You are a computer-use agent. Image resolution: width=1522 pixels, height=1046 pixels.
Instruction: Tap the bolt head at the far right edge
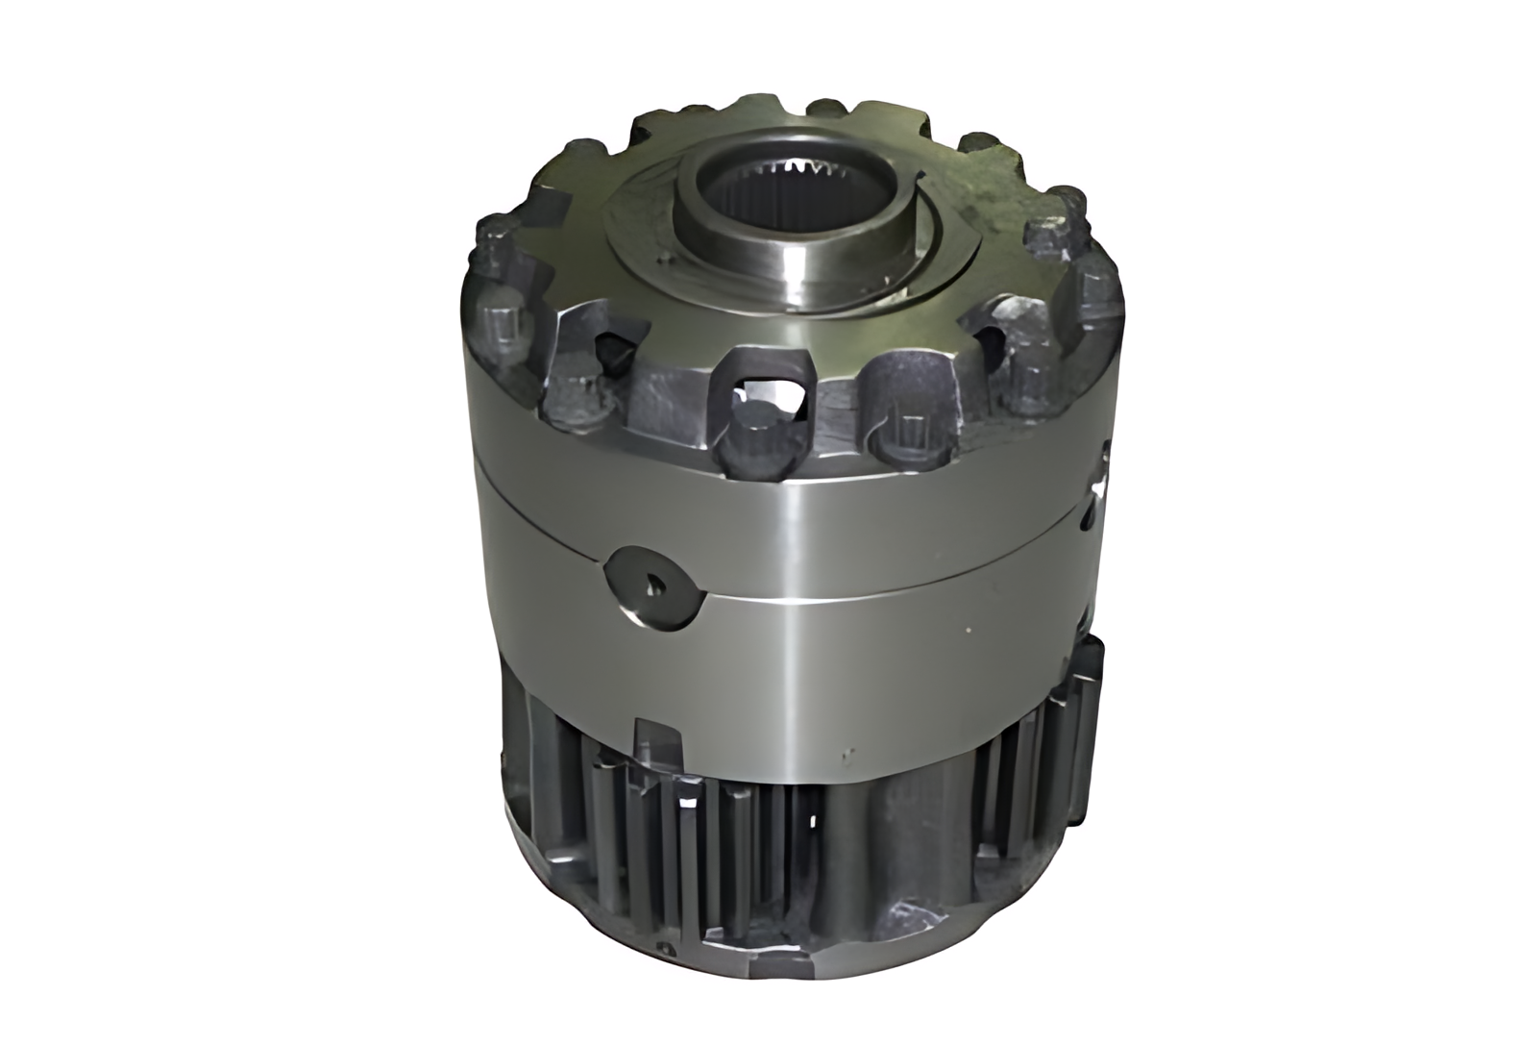coord(1094,288)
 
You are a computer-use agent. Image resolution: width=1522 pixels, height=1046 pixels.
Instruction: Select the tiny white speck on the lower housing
coord(969,631)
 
